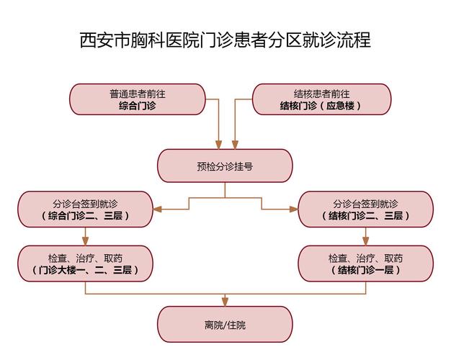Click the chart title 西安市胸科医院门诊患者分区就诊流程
pyautogui.click(x=225, y=40)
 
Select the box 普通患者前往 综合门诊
pyautogui.click(x=138, y=99)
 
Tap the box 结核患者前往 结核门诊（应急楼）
pyautogui.click(x=321, y=99)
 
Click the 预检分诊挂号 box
pyautogui.click(x=225, y=166)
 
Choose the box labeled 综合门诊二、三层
pyautogui.click(x=86, y=209)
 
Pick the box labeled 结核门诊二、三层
pyautogui.click(x=365, y=209)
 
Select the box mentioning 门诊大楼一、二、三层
pyautogui.click(x=86, y=264)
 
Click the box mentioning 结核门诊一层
pyautogui.click(x=365, y=264)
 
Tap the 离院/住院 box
pyautogui.click(x=225, y=324)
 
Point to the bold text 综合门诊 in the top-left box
pyautogui.click(x=138, y=106)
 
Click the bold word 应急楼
pyautogui.click(x=340, y=106)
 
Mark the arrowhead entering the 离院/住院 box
pyautogui.click(x=225, y=302)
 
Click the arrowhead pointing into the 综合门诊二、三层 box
pyautogui.click(x=157, y=209)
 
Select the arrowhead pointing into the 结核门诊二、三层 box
pyautogui.click(x=294, y=209)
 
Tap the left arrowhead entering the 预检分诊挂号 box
pyautogui.click(x=218, y=145)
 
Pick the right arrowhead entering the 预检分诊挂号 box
pyautogui.click(x=236, y=145)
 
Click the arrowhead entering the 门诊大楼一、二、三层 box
pyautogui.click(x=86, y=241)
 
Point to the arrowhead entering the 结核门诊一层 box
pyautogui.click(x=365, y=241)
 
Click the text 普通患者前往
pyautogui.click(x=138, y=94)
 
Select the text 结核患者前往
pyautogui.click(x=321, y=94)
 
